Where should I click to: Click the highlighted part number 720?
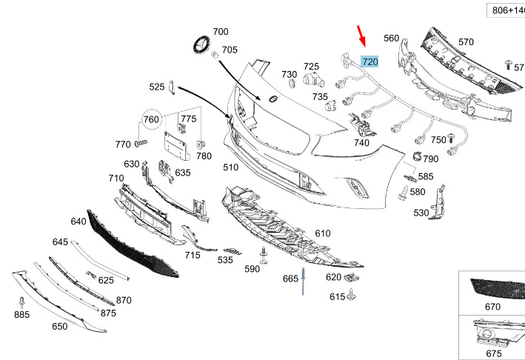point(369,61)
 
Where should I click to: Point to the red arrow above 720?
point(361,36)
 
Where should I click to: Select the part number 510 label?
point(231,167)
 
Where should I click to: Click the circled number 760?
point(151,119)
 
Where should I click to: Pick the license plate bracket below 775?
point(176,146)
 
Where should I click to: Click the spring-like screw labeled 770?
point(141,143)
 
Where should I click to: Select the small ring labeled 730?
point(292,83)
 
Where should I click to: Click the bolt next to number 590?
point(264,256)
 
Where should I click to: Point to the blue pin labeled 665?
point(303,281)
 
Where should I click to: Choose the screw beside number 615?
point(351,295)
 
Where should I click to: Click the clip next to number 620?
point(351,276)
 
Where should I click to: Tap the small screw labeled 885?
point(22,302)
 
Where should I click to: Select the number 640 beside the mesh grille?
point(78,221)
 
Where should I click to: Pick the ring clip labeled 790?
point(417,156)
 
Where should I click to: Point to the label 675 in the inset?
point(493,353)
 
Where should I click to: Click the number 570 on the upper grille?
point(466,42)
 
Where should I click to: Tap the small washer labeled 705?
point(214,54)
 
